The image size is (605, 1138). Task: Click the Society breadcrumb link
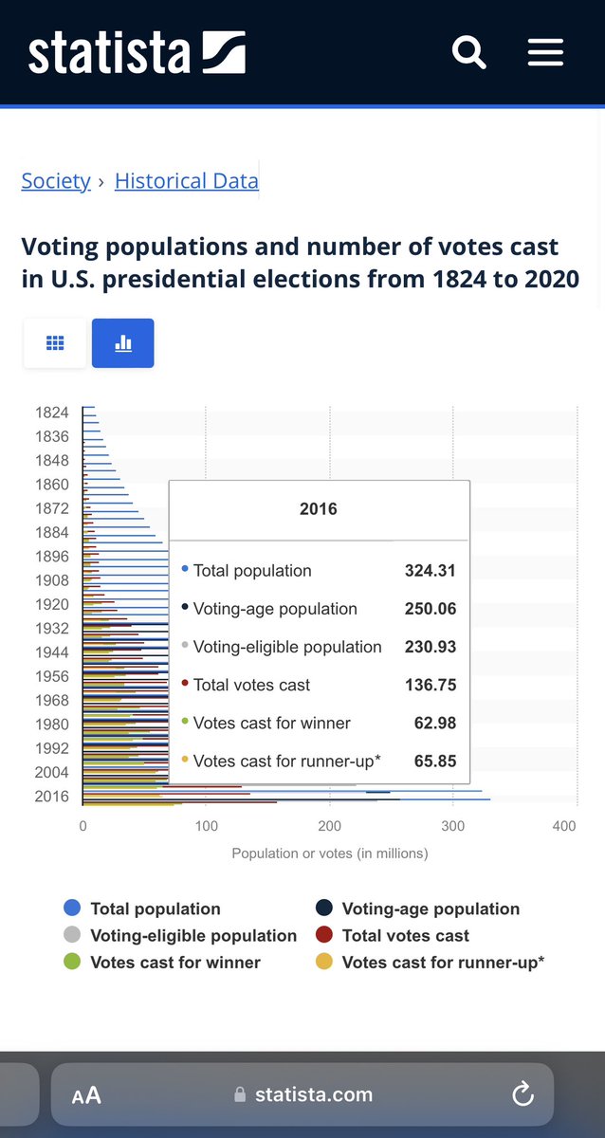click(56, 180)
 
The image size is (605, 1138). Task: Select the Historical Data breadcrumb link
click(186, 180)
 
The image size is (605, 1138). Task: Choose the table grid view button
click(55, 343)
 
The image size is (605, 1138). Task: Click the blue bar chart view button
click(122, 343)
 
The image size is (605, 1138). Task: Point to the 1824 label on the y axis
click(52, 413)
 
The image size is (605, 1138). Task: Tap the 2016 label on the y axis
click(52, 797)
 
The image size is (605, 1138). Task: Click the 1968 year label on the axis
click(52, 701)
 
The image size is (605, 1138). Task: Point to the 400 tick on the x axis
click(563, 827)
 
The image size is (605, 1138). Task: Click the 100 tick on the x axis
click(206, 827)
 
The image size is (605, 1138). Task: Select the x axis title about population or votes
click(329, 853)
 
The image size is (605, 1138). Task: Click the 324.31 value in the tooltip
click(431, 571)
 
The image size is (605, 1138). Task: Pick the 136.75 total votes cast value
click(431, 685)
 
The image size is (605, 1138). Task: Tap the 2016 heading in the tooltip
click(319, 509)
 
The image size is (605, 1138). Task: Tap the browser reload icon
click(522, 1095)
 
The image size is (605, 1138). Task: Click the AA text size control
click(86, 1095)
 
